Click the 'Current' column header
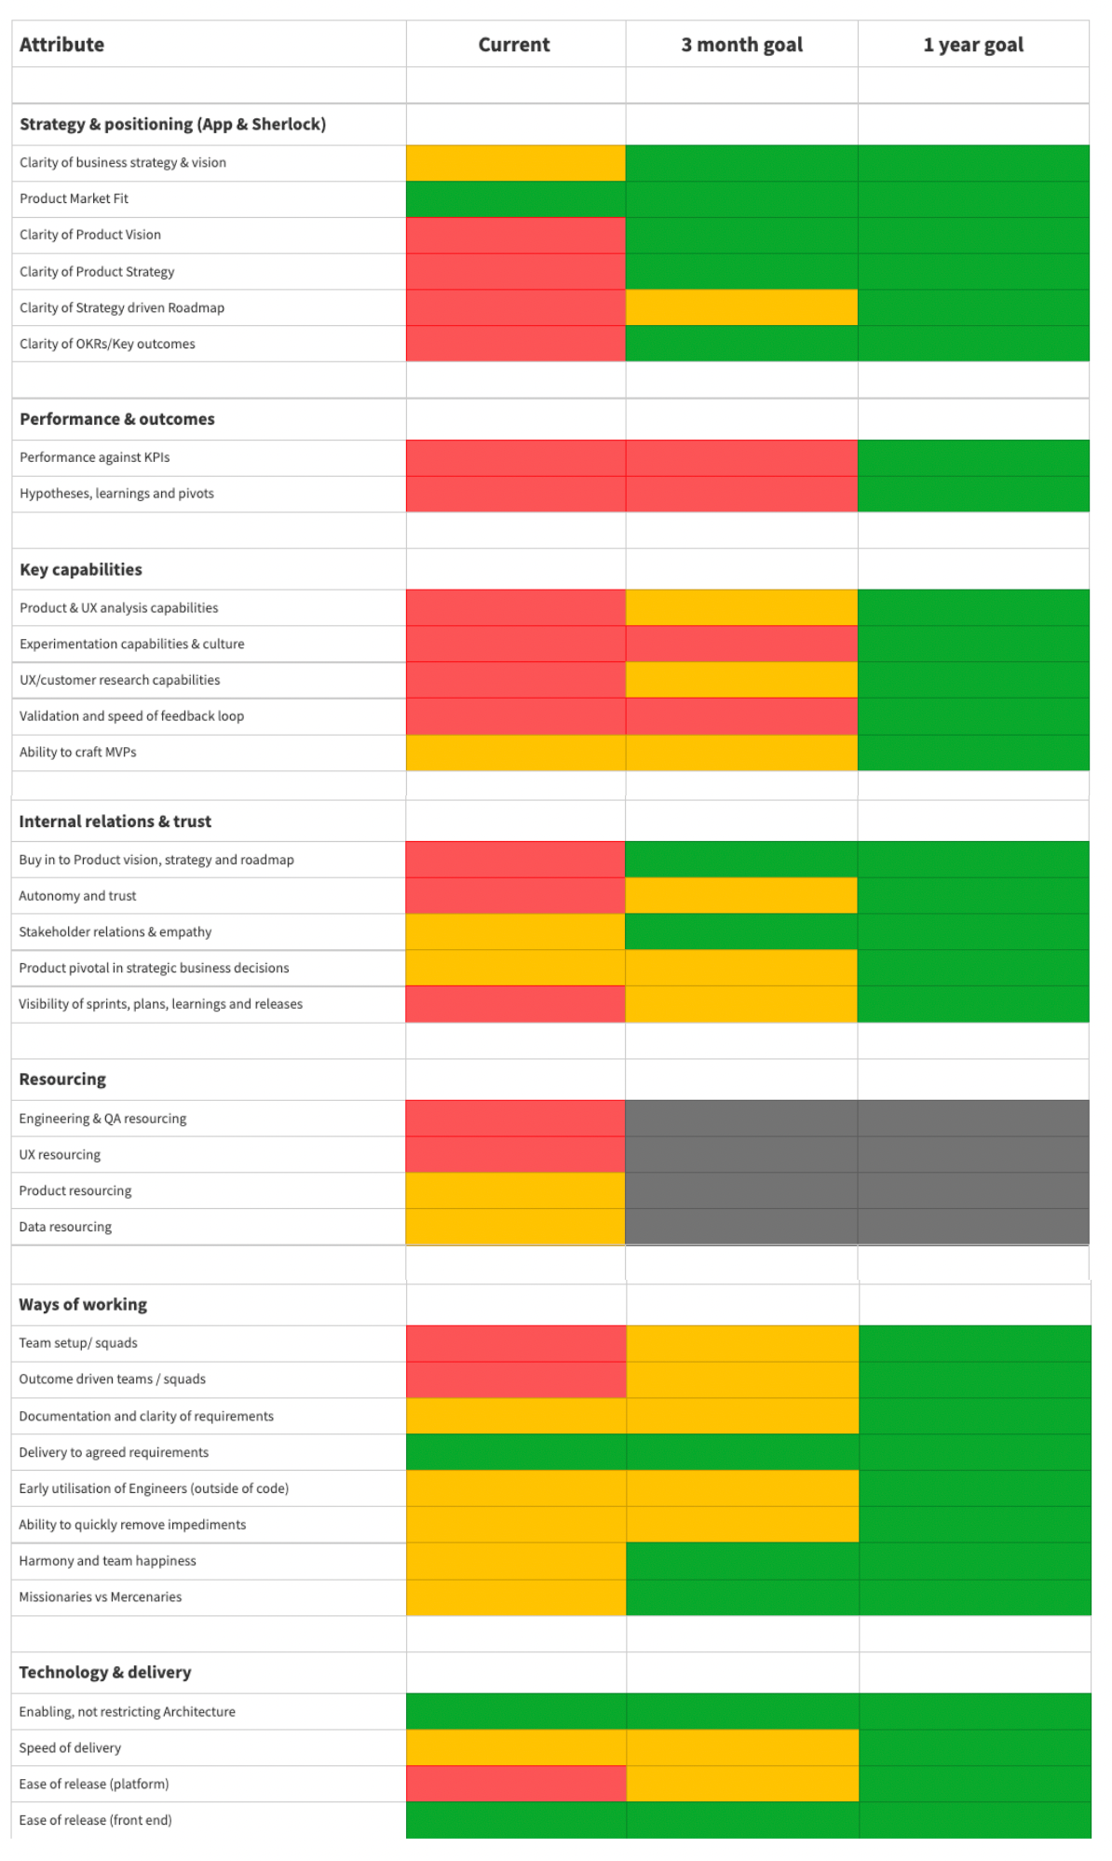514,45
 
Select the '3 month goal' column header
741,45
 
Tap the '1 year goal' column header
973,45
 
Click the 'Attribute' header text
61,45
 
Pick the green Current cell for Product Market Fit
516,199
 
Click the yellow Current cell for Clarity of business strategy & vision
516,163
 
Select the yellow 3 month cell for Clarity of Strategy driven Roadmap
741,307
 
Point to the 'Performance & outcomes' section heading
117,419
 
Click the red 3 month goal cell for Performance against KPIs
741,458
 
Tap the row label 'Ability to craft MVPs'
78,752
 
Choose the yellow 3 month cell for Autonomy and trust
741,896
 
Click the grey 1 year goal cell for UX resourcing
973,1155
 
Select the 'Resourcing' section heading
62,1080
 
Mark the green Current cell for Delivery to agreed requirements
516,1452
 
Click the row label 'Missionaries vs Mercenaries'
101,1596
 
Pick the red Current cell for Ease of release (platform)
516,1784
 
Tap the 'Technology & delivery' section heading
105,1672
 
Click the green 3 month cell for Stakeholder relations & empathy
741,932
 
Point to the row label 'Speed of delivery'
70,1748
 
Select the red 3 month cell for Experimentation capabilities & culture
741,644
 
